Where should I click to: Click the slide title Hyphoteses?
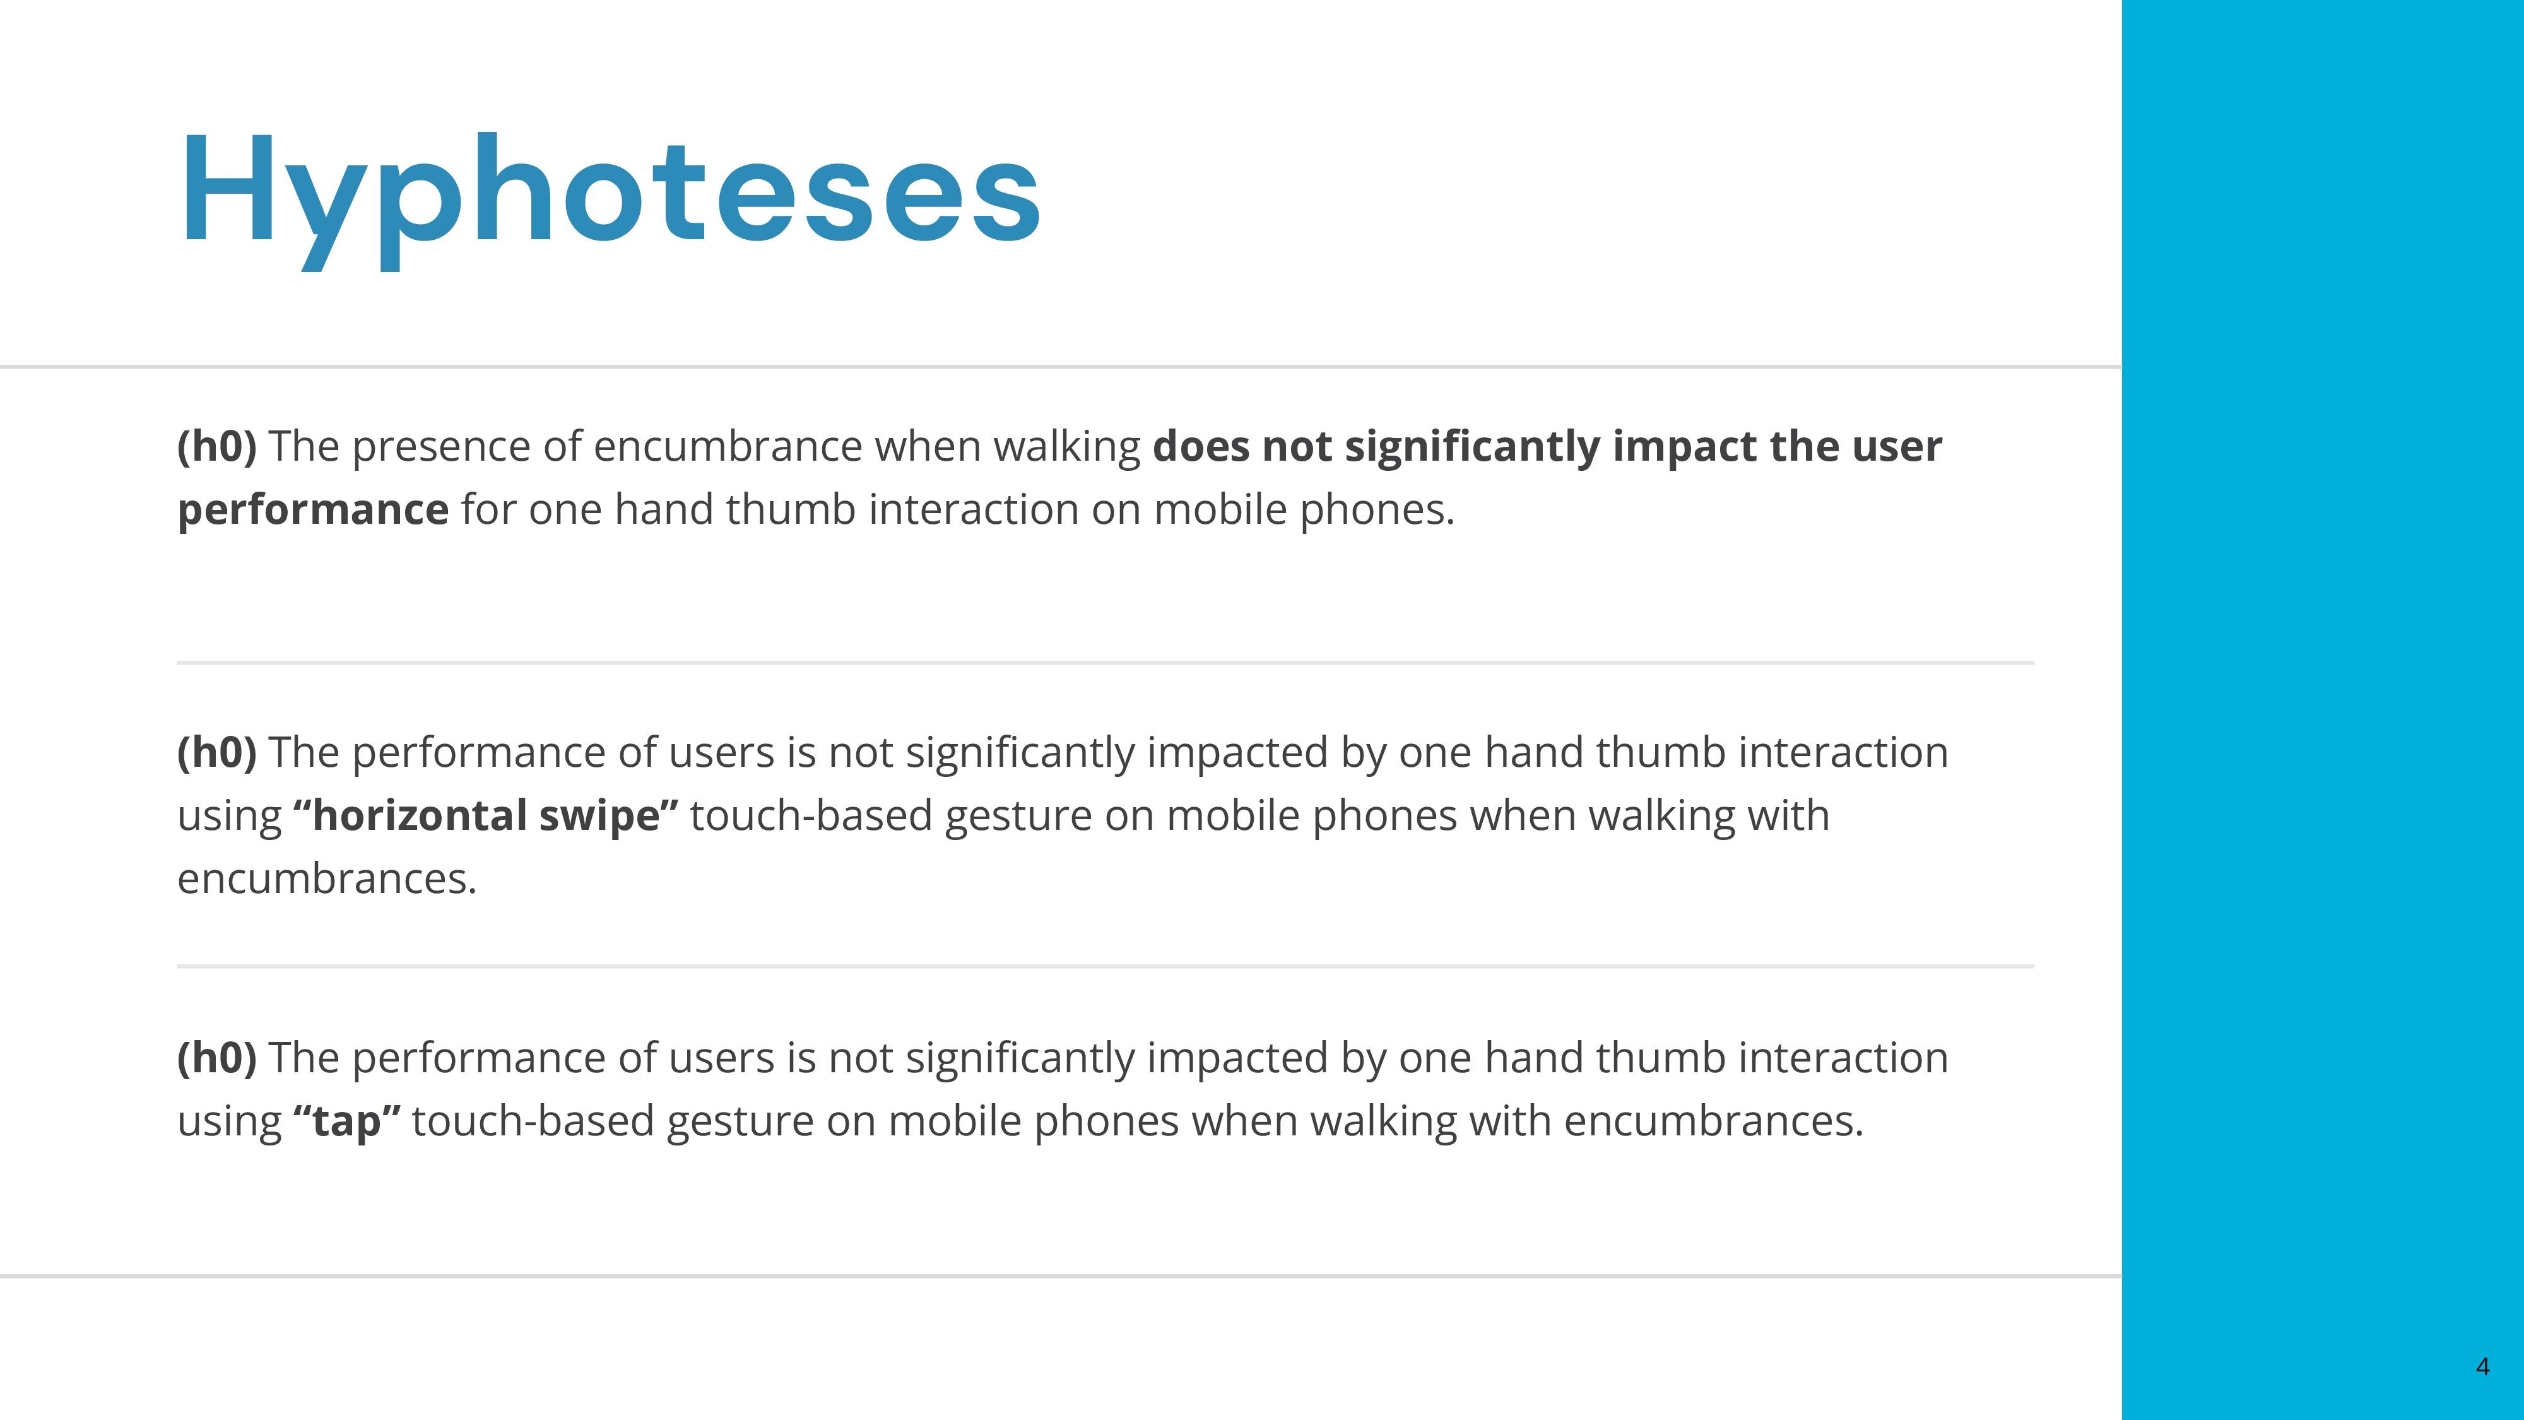pyautogui.click(x=610, y=200)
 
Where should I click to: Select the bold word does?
pyautogui.click(x=1201, y=446)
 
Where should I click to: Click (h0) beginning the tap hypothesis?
pyautogui.click(x=216, y=1058)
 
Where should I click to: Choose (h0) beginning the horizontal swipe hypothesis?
pyautogui.click(x=216, y=753)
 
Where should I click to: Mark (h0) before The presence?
pyautogui.click(x=216, y=447)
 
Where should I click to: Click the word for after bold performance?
pyautogui.click(x=488, y=509)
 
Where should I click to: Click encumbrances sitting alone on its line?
pyautogui.click(x=326, y=878)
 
